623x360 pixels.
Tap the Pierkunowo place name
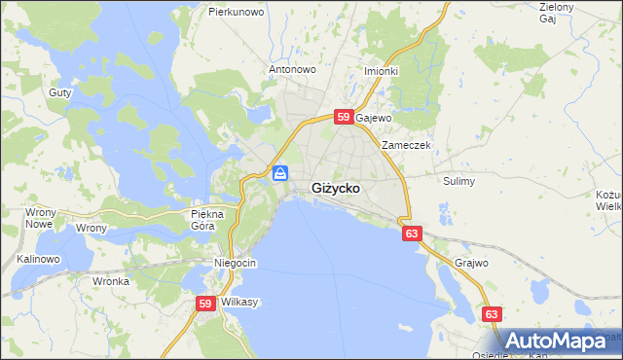click(x=238, y=13)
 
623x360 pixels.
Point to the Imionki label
click(x=382, y=71)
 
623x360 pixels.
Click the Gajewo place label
click(x=373, y=118)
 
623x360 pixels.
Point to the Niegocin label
click(x=235, y=264)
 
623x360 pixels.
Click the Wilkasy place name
click(x=239, y=303)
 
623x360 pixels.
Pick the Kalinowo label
click(x=39, y=260)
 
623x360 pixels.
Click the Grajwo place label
click(x=471, y=263)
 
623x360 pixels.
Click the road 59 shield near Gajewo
click(x=343, y=117)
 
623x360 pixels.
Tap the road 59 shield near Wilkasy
click(x=204, y=304)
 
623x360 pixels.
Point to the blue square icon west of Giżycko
click(x=280, y=173)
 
